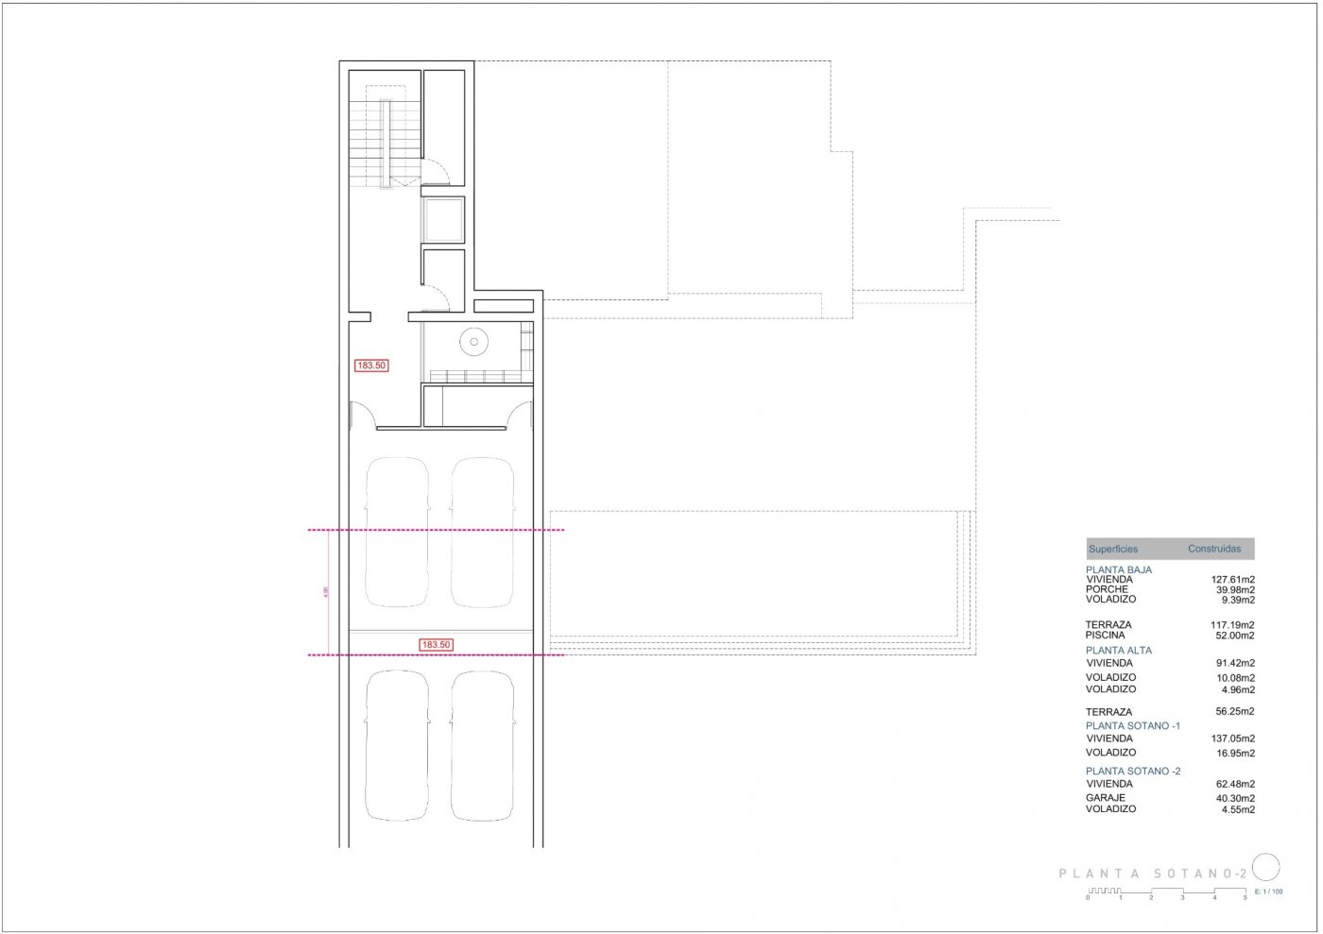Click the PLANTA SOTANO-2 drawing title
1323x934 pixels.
(x=1153, y=875)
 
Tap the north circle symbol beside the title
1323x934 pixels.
(x=1265, y=867)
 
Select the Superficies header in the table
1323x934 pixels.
(x=1113, y=549)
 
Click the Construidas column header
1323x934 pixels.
(x=1214, y=549)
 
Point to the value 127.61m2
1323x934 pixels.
(x=1233, y=580)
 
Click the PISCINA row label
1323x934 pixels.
(x=1106, y=636)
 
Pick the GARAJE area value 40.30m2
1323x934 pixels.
(x=1235, y=798)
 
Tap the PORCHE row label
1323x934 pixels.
(x=1107, y=589)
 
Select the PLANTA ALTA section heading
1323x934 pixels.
(x=1119, y=650)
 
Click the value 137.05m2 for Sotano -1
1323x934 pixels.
(x=1233, y=739)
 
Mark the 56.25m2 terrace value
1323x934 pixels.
(x=1235, y=712)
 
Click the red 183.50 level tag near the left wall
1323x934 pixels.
(x=371, y=365)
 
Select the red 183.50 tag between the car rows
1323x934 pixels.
(x=437, y=645)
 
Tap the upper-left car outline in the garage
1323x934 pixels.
(x=396, y=532)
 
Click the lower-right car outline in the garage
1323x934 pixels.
(x=482, y=746)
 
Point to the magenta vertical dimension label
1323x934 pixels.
(x=325, y=592)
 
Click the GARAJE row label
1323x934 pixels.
(x=1105, y=798)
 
